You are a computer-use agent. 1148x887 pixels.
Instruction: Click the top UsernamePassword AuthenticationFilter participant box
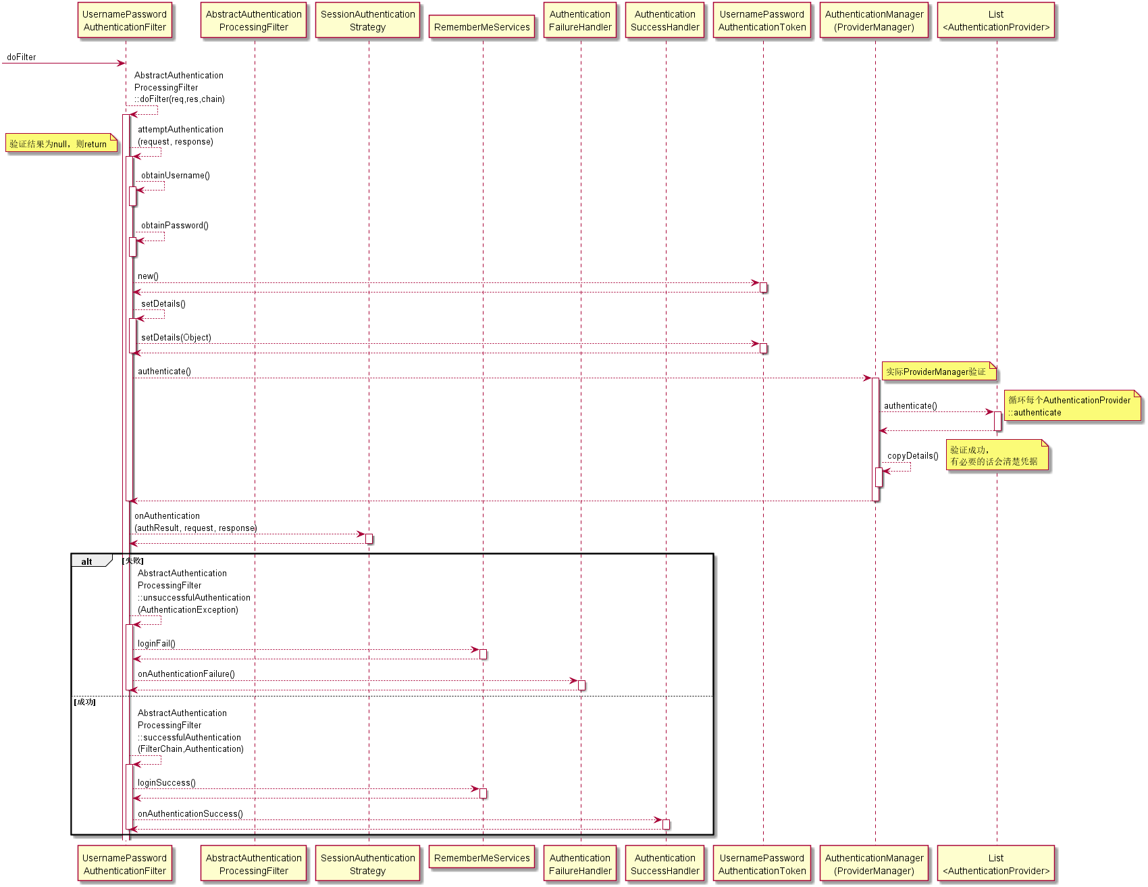(x=124, y=21)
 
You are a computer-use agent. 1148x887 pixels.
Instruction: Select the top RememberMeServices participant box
(x=482, y=27)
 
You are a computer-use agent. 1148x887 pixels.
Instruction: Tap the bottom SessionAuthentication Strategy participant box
(x=368, y=864)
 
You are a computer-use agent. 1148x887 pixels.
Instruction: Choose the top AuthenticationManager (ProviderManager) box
(x=874, y=21)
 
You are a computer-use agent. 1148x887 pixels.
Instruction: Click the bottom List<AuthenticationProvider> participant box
(x=996, y=864)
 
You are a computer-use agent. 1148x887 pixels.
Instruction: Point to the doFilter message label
(x=22, y=57)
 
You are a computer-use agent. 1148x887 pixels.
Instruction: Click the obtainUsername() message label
(x=176, y=176)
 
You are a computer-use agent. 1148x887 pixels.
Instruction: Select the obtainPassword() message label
(x=175, y=226)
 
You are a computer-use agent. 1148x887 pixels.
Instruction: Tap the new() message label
(x=148, y=276)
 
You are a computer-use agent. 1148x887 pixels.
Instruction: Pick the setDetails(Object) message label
(x=176, y=338)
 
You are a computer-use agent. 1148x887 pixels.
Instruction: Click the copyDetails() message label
(x=913, y=456)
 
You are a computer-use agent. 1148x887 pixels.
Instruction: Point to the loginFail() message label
(x=157, y=644)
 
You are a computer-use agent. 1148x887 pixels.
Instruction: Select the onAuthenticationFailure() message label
(x=186, y=674)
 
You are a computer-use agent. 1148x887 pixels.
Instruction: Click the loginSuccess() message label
(x=167, y=783)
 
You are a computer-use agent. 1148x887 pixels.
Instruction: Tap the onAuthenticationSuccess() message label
(x=190, y=814)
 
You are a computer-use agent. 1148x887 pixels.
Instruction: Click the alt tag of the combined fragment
(x=87, y=561)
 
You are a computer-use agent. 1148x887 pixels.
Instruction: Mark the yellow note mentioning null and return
(x=60, y=144)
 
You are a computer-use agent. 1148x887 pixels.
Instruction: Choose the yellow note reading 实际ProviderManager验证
(x=937, y=372)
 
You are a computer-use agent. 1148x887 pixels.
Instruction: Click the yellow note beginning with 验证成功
(x=996, y=456)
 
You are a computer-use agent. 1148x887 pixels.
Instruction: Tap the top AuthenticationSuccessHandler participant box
(x=665, y=21)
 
